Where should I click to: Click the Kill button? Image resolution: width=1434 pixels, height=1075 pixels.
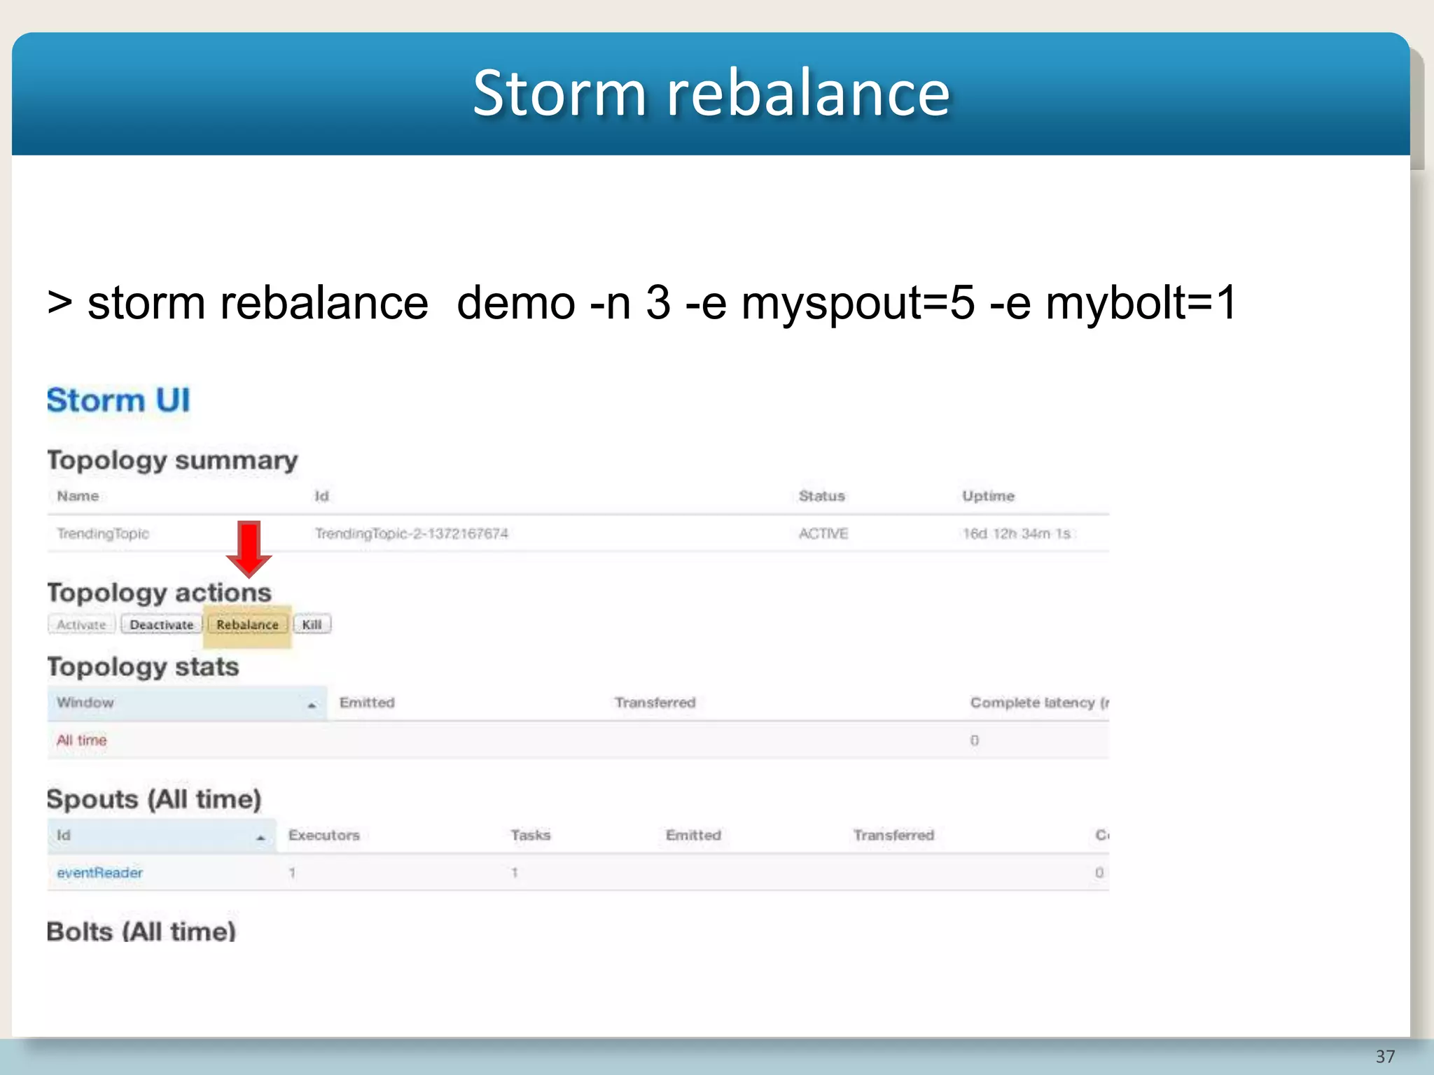pyautogui.click(x=312, y=624)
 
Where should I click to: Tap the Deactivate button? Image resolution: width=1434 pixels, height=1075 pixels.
pyautogui.click(x=161, y=624)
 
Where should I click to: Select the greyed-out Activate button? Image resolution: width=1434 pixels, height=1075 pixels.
pyautogui.click(x=81, y=624)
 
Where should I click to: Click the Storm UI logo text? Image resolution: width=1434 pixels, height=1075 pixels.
pyautogui.click(x=118, y=400)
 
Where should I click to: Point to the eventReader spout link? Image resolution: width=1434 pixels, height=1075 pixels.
pyautogui.click(x=99, y=873)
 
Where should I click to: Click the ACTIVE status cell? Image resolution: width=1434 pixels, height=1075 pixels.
pyautogui.click(x=823, y=533)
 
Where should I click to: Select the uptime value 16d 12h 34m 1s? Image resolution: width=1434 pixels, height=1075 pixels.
pyautogui.click(x=1016, y=533)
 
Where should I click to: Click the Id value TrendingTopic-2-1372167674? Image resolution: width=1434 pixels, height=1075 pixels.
pyautogui.click(x=411, y=533)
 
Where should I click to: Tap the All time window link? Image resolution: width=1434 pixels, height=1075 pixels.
pyautogui.click(x=81, y=740)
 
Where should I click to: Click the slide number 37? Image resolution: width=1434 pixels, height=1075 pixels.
pyautogui.click(x=1385, y=1056)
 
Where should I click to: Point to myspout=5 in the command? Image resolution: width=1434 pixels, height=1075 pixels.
pyautogui.click(x=858, y=303)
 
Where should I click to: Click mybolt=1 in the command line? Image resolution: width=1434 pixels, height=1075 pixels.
pyautogui.click(x=1141, y=303)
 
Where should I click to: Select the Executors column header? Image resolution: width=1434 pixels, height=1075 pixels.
pyautogui.click(x=323, y=835)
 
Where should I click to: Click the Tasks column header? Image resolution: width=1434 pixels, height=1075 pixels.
pyautogui.click(x=530, y=835)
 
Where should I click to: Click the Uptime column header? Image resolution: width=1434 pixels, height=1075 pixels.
pyautogui.click(x=988, y=496)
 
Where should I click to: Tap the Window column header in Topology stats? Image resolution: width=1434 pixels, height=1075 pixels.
pyautogui.click(x=85, y=703)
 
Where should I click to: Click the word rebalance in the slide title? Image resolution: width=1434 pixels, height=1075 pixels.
pyautogui.click(x=808, y=93)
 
